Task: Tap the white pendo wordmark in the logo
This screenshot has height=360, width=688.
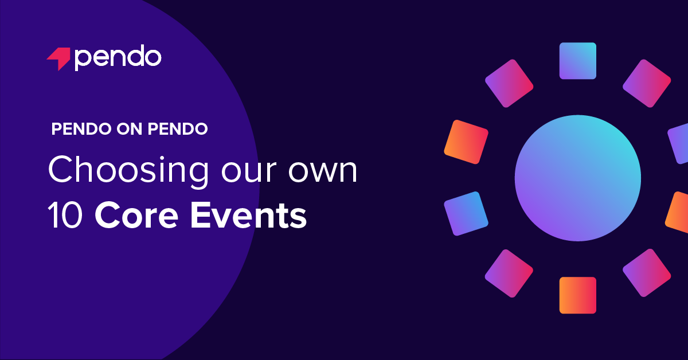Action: (118, 58)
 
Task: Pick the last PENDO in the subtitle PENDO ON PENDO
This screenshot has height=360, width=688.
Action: (177, 130)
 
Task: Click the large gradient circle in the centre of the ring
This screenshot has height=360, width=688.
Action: (577, 178)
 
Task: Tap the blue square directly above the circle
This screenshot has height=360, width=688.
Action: (577, 61)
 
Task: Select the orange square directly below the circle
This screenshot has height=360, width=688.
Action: (577, 295)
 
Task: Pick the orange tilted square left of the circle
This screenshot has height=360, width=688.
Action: (466, 142)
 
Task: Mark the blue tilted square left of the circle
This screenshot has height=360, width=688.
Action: (466, 213)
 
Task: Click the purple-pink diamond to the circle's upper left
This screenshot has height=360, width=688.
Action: (509, 84)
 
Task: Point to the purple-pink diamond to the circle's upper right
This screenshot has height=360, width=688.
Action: (647, 84)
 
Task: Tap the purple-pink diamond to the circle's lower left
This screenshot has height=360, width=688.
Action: (509, 273)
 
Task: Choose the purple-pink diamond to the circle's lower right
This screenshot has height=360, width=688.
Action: (647, 273)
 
